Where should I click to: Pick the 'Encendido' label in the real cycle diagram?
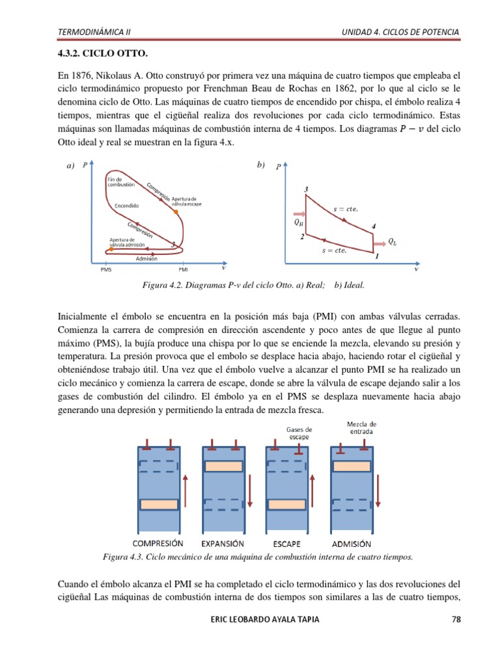[126, 206]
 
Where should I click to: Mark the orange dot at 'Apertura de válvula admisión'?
[111, 249]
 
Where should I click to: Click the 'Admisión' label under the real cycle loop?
[146, 258]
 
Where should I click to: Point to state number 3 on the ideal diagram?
[306, 189]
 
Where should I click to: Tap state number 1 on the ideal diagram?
[376, 257]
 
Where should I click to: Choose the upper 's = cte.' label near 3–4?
[345, 209]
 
